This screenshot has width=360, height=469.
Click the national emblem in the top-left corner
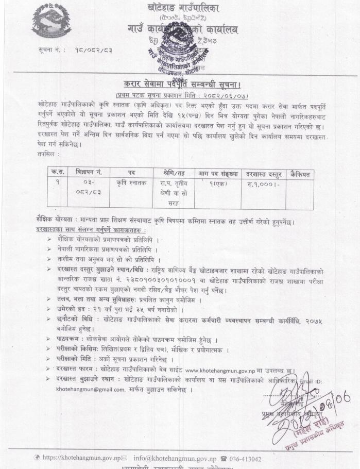(x=51, y=22)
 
